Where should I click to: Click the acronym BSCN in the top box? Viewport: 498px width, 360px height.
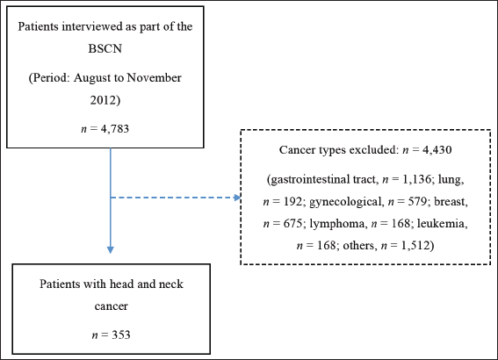coord(105,48)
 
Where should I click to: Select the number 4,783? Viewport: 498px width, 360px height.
coord(115,128)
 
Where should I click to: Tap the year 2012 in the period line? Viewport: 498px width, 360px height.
coord(104,100)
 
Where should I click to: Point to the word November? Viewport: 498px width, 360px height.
coord(154,78)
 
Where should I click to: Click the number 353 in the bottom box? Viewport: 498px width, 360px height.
coord(121,335)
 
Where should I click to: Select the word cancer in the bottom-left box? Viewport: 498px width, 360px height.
coord(112,306)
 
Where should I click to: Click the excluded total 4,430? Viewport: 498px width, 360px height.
coord(437,149)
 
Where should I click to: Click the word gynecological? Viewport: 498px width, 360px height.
coord(344,202)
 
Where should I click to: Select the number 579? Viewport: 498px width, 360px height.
coord(417,201)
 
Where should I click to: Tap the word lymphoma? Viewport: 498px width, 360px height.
coord(336,224)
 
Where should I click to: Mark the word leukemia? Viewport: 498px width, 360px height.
coord(442,224)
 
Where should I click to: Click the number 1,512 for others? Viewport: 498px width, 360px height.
coord(415,245)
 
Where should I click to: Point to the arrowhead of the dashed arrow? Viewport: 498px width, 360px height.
coord(237,198)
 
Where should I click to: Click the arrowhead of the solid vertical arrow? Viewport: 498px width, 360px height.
coord(110,250)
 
